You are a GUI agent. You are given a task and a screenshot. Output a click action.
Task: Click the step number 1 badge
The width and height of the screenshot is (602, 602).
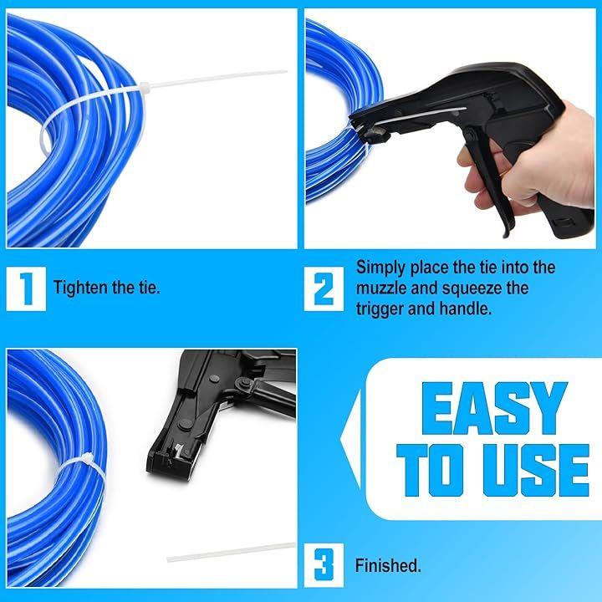[x=26, y=288]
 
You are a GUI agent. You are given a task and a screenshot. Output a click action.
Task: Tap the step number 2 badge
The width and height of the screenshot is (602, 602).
[x=324, y=288]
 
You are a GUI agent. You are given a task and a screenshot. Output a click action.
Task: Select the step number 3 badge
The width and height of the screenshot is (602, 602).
[x=324, y=565]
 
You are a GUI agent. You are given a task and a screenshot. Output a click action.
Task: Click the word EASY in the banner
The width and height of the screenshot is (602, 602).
[x=494, y=409]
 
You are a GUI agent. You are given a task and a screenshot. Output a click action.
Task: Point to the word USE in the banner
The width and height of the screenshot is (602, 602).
[x=536, y=470]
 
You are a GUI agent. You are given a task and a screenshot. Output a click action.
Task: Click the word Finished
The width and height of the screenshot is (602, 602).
[x=388, y=565]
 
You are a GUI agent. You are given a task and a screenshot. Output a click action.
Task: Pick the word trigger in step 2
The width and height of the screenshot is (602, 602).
[x=380, y=309]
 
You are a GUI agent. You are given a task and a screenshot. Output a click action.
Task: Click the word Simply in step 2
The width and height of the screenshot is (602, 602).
[x=381, y=268]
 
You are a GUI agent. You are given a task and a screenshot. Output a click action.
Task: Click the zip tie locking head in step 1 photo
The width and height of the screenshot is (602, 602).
[x=145, y=86]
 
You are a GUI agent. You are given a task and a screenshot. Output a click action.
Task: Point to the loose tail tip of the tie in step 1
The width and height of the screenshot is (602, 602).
[x=286, y=71]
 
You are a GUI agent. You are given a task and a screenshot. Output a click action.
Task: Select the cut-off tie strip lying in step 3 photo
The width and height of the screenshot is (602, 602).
[x=231, y=552]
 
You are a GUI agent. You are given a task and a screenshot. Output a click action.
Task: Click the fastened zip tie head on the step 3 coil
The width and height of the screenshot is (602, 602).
[x=86, y=459]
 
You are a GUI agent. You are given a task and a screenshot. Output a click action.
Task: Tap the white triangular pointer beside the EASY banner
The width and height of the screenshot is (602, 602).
[x=350, y=439]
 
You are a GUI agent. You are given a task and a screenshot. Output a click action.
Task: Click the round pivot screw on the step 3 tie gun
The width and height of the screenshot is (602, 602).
[x=242, y=383]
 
